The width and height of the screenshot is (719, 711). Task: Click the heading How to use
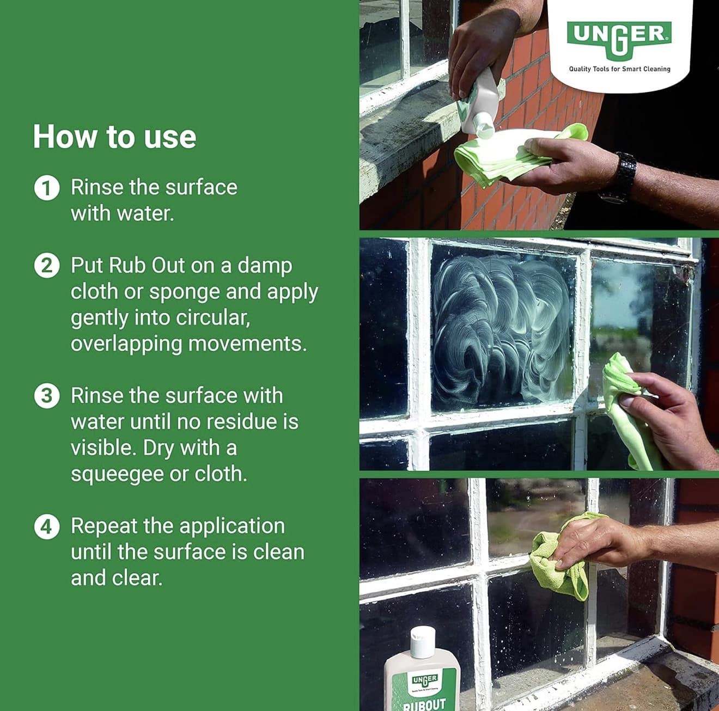[114, 137]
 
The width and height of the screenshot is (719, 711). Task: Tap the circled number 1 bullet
[47, 188]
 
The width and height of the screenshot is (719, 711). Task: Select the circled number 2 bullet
[47, 267]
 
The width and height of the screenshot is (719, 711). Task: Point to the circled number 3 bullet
[47, 396]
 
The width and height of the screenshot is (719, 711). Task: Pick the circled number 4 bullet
[47, 527]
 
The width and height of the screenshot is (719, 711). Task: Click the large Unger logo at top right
[619, 40]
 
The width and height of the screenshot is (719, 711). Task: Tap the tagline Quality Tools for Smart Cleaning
[620, 69]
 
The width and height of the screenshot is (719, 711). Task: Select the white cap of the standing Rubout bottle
[423, 642]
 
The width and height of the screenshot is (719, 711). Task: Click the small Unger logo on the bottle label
[425, 681]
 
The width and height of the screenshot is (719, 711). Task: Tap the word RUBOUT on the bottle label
[425, 704]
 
